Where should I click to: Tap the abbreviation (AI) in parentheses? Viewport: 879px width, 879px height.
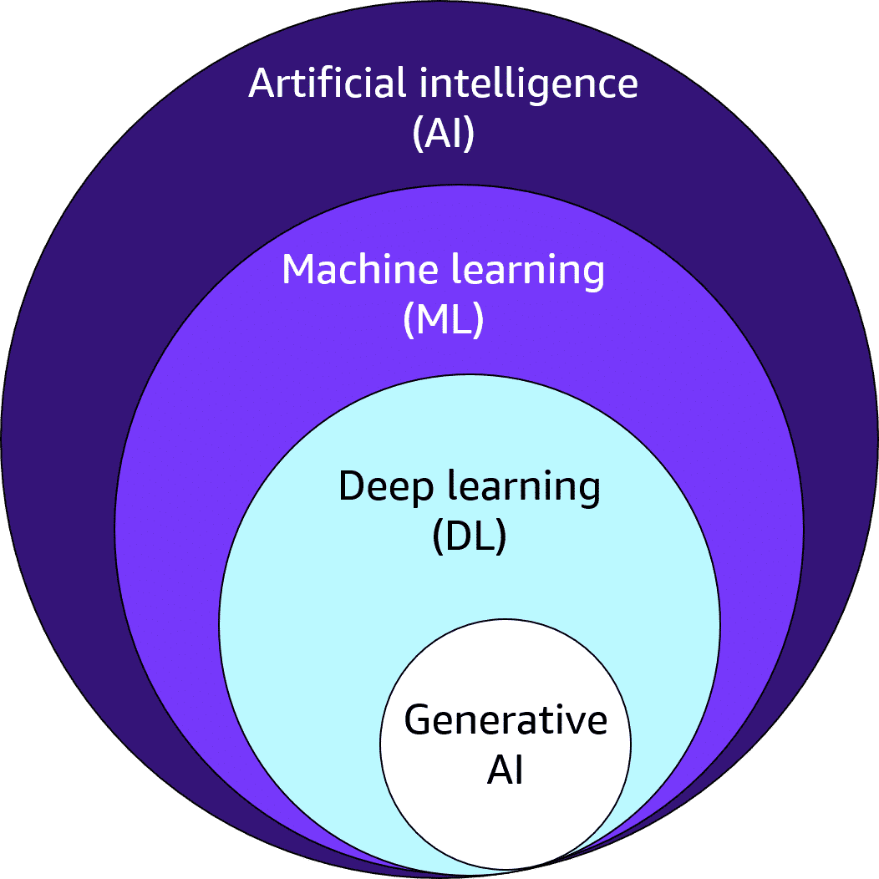444,134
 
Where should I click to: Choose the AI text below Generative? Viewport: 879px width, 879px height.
506,770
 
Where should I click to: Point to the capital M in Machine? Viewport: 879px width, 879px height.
301,269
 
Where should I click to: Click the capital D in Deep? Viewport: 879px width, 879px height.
352,485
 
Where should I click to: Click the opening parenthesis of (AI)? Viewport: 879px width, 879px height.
418,135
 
